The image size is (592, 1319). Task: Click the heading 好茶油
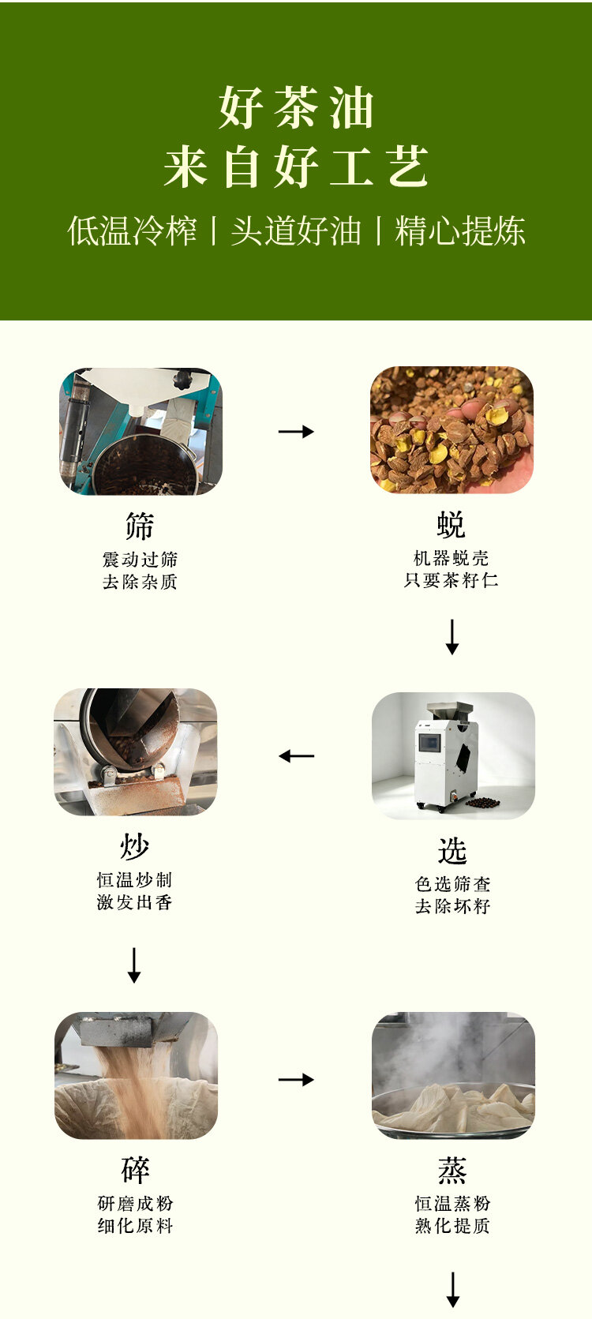tap(296, 107)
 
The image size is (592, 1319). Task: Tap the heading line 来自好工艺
tap(296, 167)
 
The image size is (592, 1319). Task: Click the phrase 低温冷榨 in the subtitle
tap(132, 230)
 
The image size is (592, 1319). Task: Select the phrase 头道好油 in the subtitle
tap(296, 230)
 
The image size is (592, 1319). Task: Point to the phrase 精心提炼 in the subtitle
tap(460, 230)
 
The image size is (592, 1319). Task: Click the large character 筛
tap(140, 526)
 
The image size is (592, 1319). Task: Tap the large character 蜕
tap(451, 524)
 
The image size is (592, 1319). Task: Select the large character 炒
tap(135, 847)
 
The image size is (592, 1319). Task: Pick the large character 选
tap(452, 851)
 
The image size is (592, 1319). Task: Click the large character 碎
tap(136, 1170)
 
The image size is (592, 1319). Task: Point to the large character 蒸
tap(452, 1170)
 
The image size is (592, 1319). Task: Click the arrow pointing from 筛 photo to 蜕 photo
tap(296, 432)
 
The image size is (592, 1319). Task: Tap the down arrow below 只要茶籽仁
tap(452, 636)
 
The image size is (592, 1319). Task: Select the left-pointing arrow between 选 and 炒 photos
tap(296, 755)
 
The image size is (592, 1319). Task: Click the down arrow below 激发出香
tap(134, 965)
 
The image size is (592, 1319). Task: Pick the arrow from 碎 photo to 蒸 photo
tap(296, 1079)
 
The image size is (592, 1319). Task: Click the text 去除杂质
tap(140, 582)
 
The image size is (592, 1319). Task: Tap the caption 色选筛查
tap(452, 884)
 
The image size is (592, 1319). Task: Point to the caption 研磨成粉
tap(136, 1204)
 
